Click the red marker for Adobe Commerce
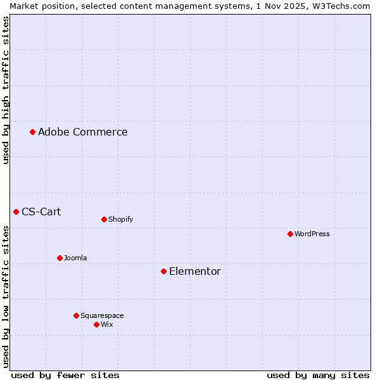[x=32, y=132]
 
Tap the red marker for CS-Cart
[x=16, y=212]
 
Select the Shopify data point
[x=104, y=219]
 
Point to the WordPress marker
[x=290, y=234]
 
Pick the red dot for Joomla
[x=60, y=258]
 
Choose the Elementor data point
[x=163, y=271]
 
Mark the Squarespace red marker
[x=76, y=315]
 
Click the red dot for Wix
[x=96, y=324]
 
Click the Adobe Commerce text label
[x=83, y=132]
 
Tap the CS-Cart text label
[x=41, y=212]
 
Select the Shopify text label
[x=120, y=219]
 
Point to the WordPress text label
[x=312, y=234]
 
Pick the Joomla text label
[x=75, y=258]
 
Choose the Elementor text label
[x=195, y=271]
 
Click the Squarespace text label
[x=102, y=315]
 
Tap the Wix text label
[x=106, y=324]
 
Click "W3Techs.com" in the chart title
[x=345, y=6]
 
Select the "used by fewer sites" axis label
[x=65, y=375]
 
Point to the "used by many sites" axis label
[x=318, y=375]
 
